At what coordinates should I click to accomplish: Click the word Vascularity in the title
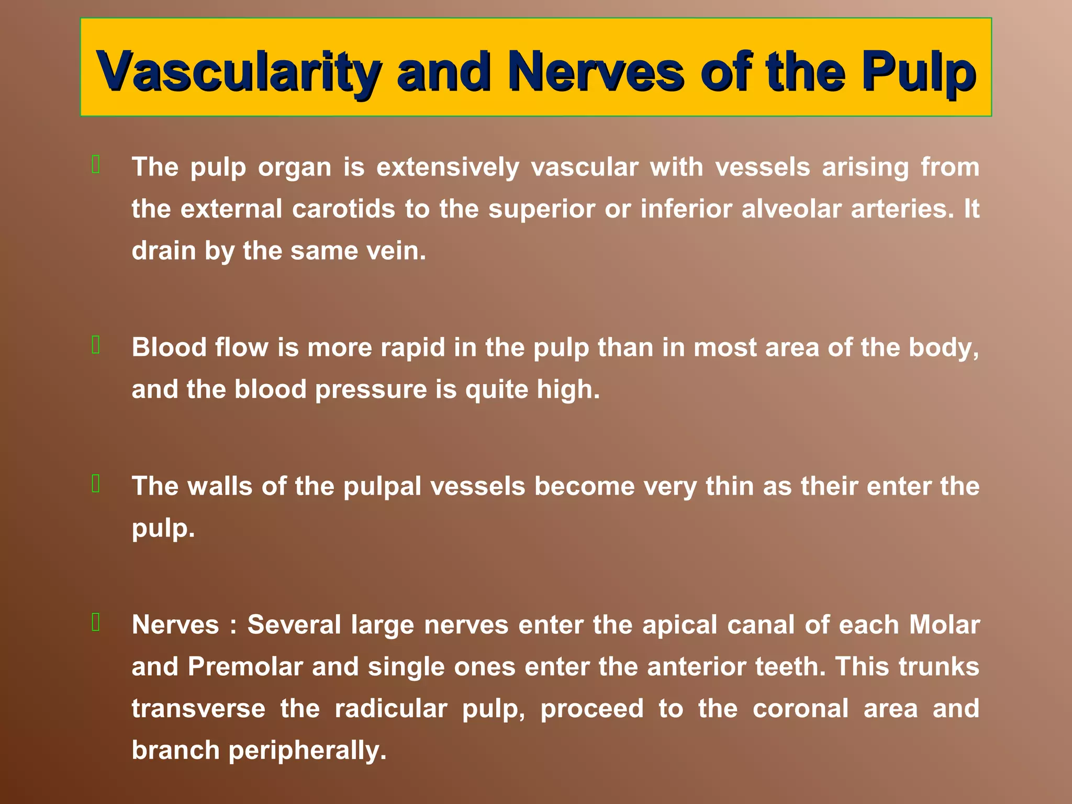point(238,72)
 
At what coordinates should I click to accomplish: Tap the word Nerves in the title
point(596,72)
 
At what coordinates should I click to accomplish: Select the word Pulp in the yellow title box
point(919,72)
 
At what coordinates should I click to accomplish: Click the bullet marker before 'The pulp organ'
point(96,164)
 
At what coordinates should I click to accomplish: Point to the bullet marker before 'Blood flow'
point(96,345)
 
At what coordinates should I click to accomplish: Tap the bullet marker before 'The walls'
point(96,484)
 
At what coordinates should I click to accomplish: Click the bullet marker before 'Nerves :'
point(96,622)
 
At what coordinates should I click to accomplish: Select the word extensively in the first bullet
point(448,167)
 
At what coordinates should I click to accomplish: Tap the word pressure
point(371,389)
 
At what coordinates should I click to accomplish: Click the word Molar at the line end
point(944,625)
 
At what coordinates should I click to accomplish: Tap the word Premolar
point(245,667)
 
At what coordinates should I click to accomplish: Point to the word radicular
point(390,709)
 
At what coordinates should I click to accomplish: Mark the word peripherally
point(307,751)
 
